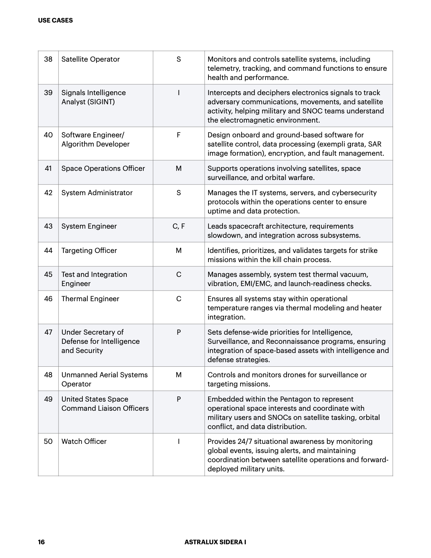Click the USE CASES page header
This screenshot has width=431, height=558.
pos(55,20)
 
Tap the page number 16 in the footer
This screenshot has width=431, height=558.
pos(41,542)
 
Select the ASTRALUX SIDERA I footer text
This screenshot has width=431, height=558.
pos(215,542)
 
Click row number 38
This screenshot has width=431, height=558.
pos(48,59)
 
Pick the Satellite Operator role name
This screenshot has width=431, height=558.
pos(90,59)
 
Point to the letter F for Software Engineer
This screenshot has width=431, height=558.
pos(179,135)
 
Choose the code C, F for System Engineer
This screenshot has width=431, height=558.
pos(179,226)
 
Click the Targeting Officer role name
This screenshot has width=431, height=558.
pos(89,250)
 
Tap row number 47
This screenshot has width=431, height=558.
pos(48,332)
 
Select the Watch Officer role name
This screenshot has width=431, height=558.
pos(84,441)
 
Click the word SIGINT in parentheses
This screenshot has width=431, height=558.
pos(102,102)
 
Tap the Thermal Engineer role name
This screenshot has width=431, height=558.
pos(90,299)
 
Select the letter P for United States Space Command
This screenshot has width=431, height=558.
pos(179,399)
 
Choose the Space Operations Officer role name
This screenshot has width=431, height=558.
pos(103,168)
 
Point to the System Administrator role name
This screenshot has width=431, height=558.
pos(97,193)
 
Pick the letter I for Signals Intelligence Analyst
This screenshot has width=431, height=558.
pos(179,93)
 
